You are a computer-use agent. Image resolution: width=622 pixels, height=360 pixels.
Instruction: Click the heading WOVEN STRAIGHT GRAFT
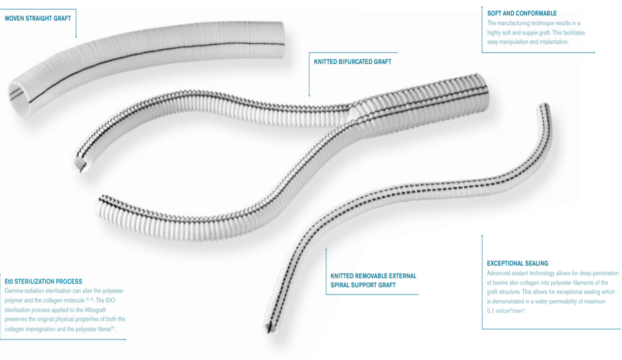coord(37,18)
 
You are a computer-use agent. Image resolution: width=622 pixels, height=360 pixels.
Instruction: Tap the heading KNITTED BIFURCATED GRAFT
coord(353,62)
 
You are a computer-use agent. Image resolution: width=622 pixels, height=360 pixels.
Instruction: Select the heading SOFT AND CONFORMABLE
coord(522,13)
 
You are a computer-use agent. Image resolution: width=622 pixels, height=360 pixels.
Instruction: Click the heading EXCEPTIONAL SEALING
coord(517,263)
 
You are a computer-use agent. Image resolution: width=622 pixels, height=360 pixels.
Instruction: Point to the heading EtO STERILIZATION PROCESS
coord(43,281)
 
